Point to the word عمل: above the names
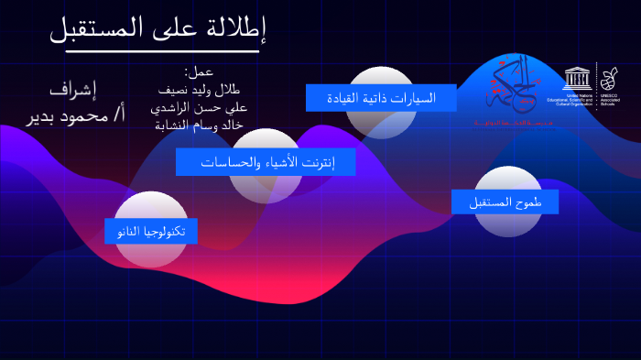point(199,71)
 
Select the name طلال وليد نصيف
point(199,90)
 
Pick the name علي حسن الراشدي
point(199,107)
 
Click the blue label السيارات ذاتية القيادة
point(381,97)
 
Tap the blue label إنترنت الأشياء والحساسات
point(266,162)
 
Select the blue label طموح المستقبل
point(505,202)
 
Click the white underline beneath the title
point(156,50)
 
